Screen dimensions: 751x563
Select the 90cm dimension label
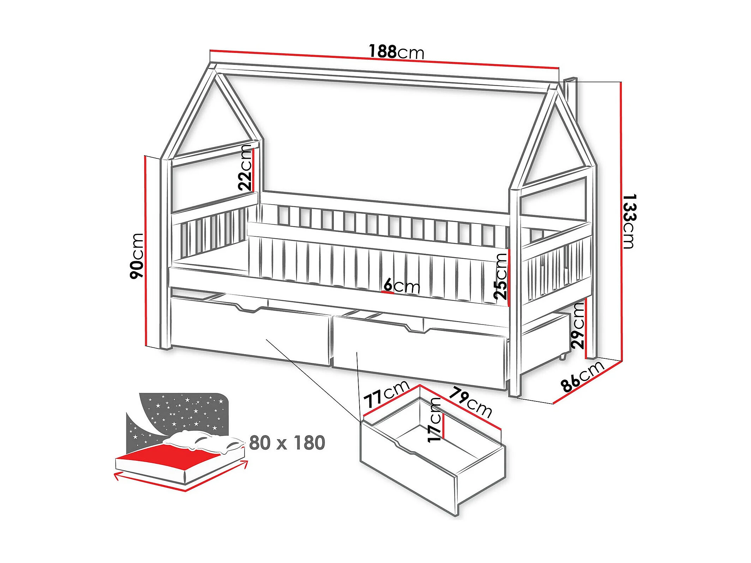[137, 256]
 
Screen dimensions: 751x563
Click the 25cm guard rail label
[500, 276]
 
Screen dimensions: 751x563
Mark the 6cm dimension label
[402, 286]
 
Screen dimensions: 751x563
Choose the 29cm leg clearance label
[578, 326]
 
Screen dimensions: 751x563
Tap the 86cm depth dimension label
[582, 376]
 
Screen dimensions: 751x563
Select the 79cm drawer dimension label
[470, 402]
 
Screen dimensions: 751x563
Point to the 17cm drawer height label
[434, 419]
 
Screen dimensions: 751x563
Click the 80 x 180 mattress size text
[287, 443]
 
